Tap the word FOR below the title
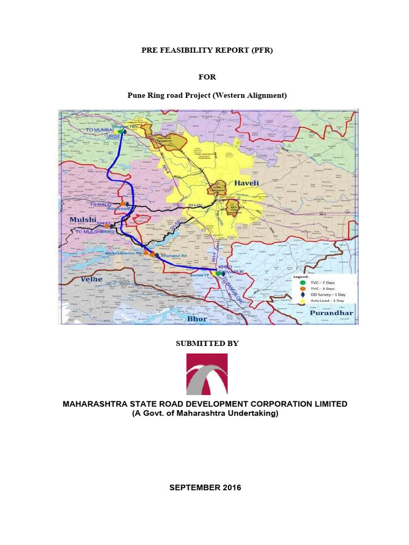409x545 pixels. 207,77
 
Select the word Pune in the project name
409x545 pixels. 136,95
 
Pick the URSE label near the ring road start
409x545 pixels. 113,137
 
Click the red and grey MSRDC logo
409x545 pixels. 207,374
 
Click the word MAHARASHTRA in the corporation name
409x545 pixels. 97,404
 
